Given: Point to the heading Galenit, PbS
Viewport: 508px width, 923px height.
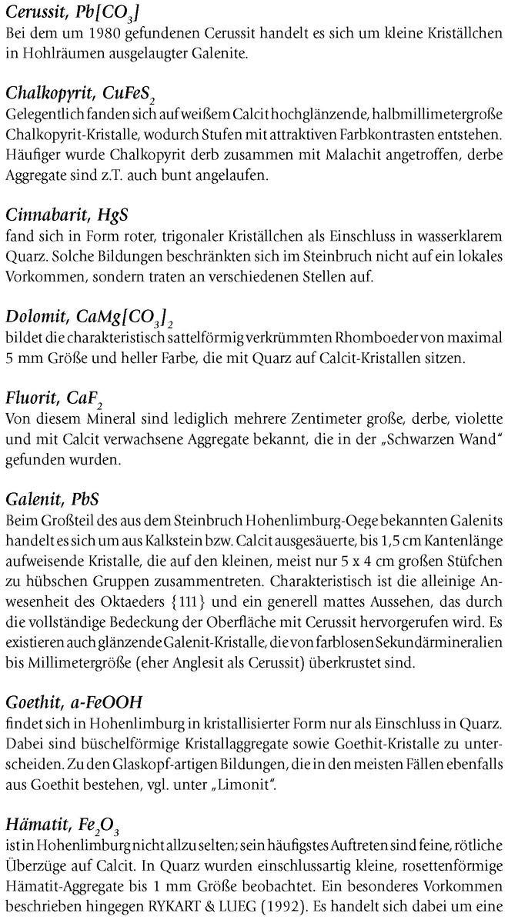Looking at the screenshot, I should click(x=52, y=499).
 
